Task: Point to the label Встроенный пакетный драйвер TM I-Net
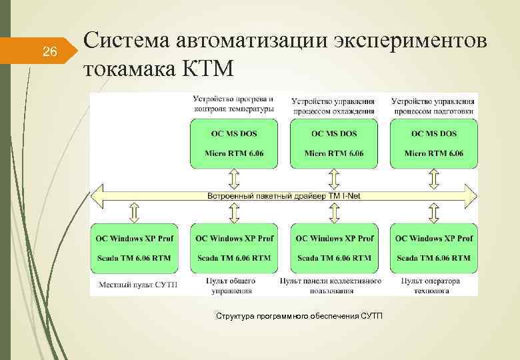(x=283, y=196)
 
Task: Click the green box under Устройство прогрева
(x=233, y=144)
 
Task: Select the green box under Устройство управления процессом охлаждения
(x=333, y=144)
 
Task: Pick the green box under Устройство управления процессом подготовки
(x=434, y=144)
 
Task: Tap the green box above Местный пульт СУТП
(x=133, y=248)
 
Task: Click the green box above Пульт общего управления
(x=233, y=248)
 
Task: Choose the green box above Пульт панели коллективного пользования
(x=333, y=248)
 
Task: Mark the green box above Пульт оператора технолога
(x=434, y=248)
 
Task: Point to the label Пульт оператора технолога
(x=430, y=286)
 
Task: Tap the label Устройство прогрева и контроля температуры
(x=233, y=103)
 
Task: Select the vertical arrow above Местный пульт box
(x=133, y=213)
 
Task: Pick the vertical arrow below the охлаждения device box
(x=333, y=178)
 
